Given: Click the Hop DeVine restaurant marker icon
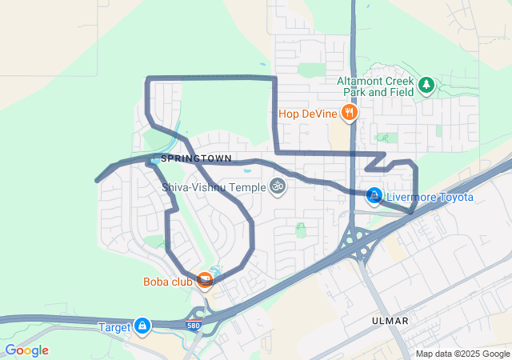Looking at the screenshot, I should coord(349,114).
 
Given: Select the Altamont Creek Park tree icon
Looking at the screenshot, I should coord(426,83).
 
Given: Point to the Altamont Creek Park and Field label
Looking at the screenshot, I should coord(375,86).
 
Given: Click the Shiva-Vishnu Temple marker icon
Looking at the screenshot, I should coord(278,187).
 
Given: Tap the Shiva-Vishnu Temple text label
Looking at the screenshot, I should coord(214,187).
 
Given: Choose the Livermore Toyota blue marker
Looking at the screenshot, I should coord(374,196).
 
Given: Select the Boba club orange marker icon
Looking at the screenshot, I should coord(206,281).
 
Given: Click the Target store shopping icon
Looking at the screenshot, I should coord(142,326).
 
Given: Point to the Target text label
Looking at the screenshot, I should coord(114,326).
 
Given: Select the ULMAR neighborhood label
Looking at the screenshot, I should coord(390,321).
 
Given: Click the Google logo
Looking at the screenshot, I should coord(26,350).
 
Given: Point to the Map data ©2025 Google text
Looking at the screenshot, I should coord(462,354).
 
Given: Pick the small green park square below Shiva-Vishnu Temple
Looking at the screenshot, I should coord(301,230).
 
